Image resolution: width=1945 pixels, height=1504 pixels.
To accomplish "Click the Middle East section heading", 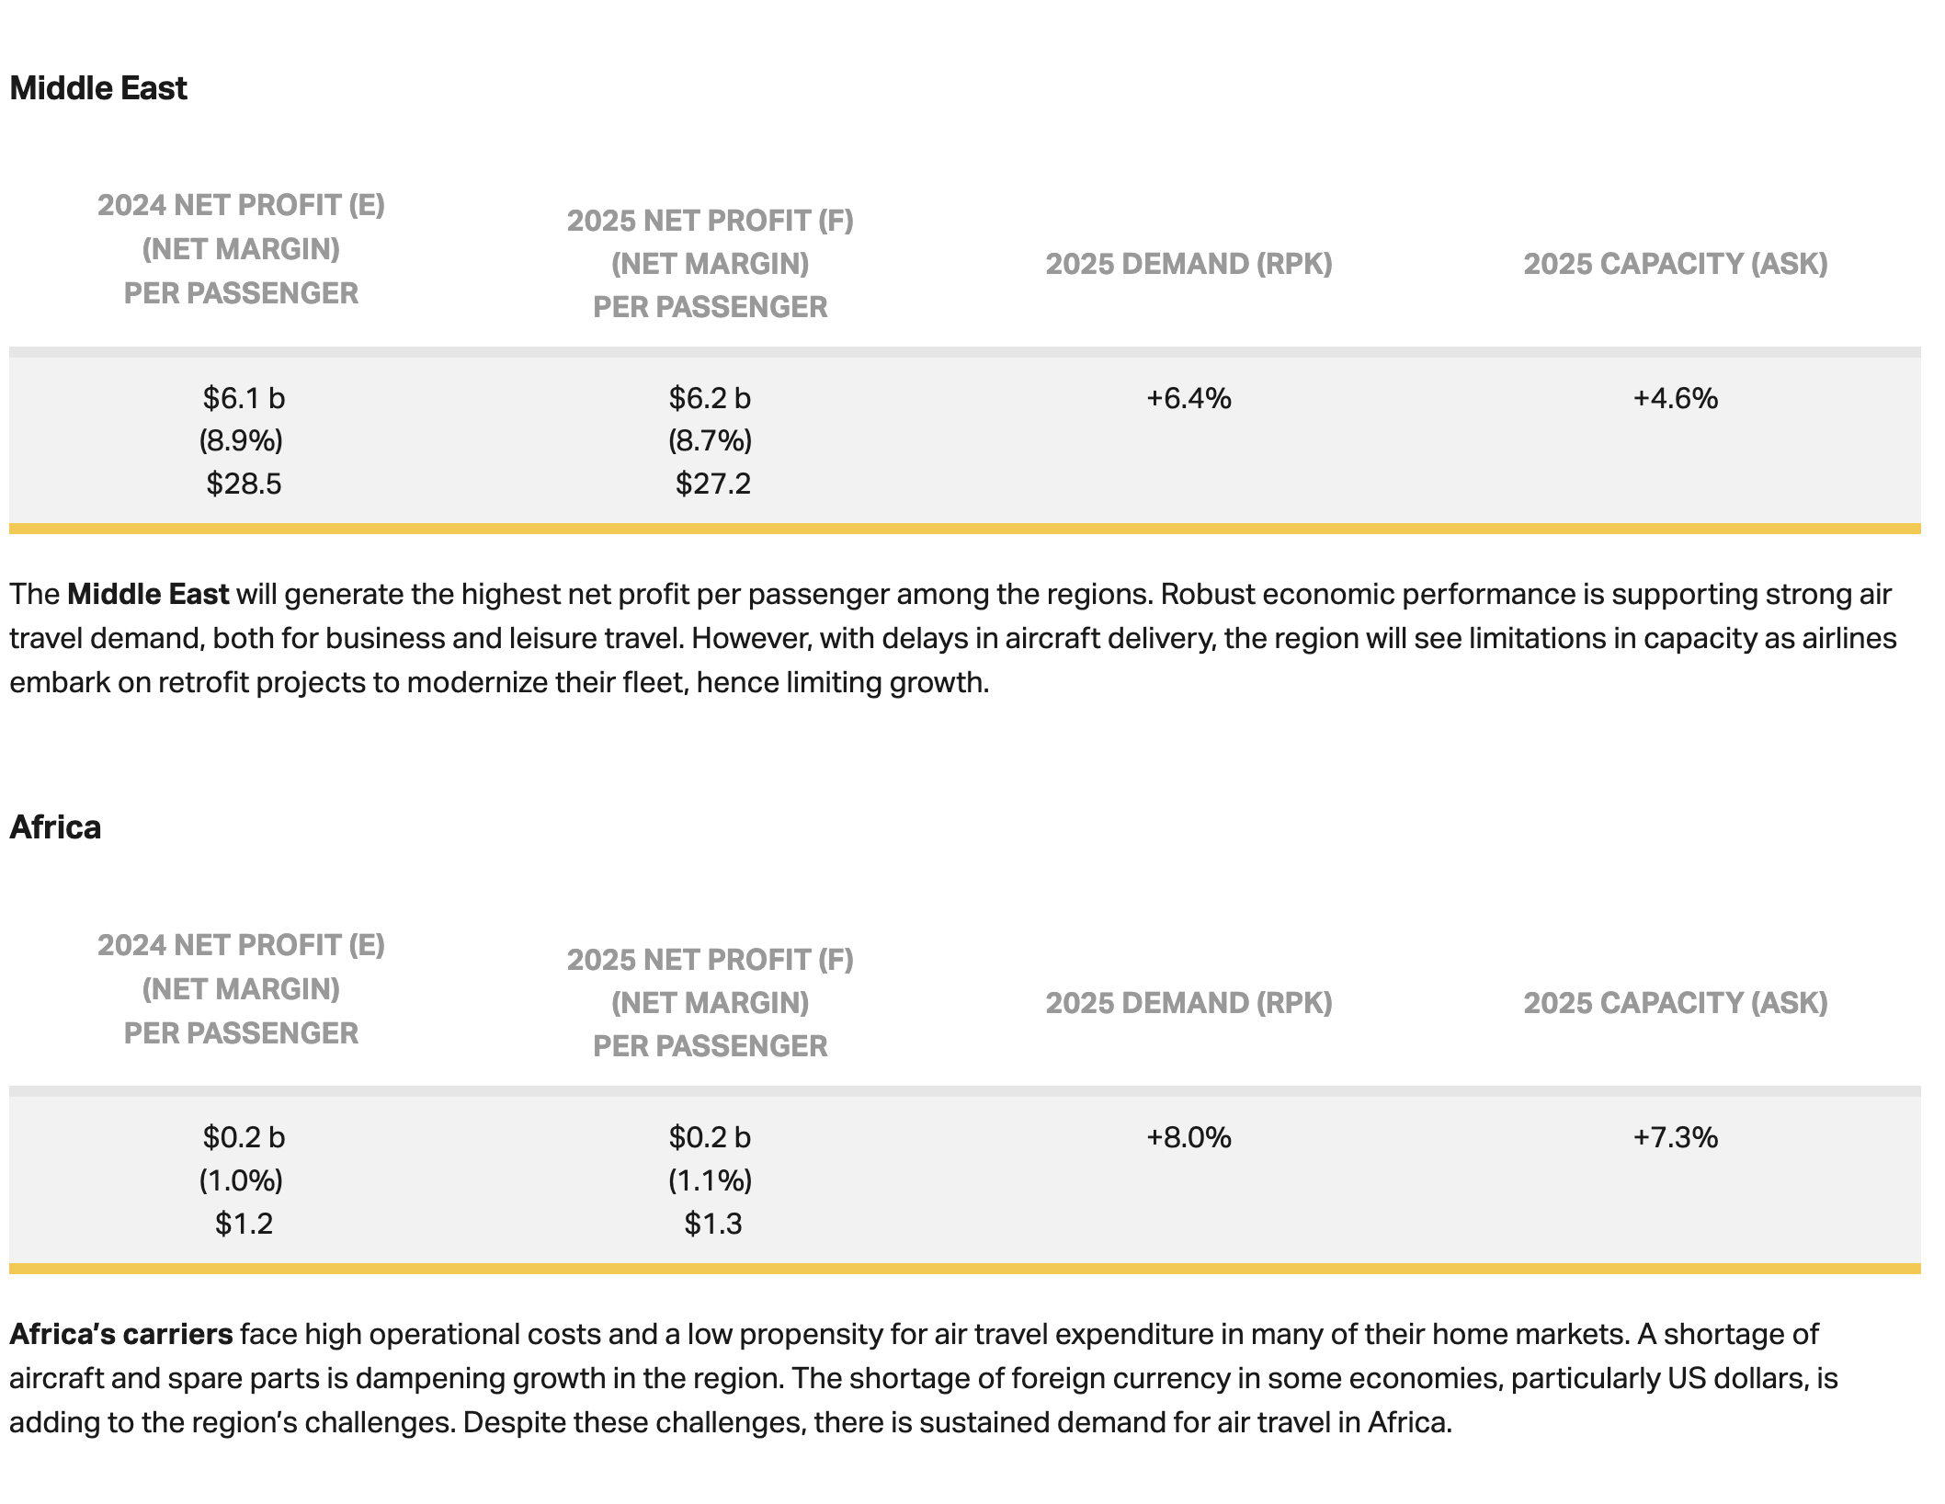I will (x=98, y=88).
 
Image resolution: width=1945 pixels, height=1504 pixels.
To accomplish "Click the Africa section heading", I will (x=55, y=827).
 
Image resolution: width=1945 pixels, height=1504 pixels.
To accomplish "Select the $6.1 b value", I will (x=244, y=398).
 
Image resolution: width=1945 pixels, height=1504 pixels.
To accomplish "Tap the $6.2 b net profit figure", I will (x=710, y=398).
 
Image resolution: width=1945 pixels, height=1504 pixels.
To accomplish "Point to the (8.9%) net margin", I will (x=241, y=440).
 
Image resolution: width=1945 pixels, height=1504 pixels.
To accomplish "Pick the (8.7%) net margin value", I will (x=710, y=440).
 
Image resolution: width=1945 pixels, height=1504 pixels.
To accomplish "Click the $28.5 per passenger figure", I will (x=244, y=484).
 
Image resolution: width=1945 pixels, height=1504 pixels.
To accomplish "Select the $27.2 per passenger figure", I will (x=712, y=484).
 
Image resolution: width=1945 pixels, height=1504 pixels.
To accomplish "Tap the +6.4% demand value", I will (x=1189, y=398).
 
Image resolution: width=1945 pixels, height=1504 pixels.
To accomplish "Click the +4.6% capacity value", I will (x=1675, y=398).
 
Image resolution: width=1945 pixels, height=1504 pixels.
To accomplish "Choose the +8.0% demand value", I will (x=1189, y=1137).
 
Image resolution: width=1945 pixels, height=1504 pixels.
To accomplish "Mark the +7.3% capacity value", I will (x=1675, y=1137).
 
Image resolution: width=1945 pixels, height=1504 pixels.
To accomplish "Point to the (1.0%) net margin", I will (x=241, y=1180).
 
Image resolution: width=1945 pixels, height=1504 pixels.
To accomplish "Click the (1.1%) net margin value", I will (x=710, y=1180).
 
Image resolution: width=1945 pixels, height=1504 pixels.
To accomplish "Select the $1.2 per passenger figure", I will (x=244, y=1224).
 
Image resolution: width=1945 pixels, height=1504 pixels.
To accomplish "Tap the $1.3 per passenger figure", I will (x=712, y=1224).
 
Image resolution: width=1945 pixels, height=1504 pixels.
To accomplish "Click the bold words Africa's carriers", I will (x=121, y=1334).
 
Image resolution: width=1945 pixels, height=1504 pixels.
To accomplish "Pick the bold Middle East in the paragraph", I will (x=148, y=594).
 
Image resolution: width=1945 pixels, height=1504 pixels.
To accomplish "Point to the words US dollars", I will (x=1721, y=1378).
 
